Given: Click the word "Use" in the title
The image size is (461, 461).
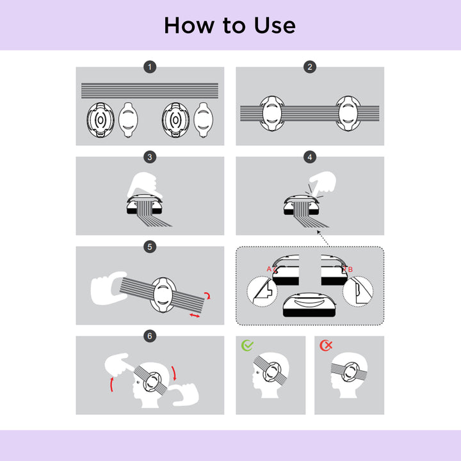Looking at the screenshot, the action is coord(275,26).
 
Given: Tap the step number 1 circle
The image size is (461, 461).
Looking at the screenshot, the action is coord(150,67).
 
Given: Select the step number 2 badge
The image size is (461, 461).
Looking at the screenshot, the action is coord(310,67).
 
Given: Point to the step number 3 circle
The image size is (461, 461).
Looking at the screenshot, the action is coord(150,157).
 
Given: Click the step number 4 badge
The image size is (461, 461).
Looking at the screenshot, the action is coord(310,157).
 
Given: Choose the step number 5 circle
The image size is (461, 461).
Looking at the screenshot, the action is coord(150,247).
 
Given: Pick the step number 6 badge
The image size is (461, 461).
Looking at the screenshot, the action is coord(150,336).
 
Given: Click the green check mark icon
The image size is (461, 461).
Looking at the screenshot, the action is coord(247,346).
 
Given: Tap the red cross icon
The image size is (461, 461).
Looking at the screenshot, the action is coord(326,345).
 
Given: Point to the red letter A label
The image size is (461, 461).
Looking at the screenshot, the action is coord(269,269).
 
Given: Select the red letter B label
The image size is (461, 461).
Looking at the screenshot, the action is coord(350,270).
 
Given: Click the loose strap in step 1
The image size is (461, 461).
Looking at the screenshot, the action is coord(150,90).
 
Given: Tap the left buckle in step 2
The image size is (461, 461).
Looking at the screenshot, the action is coord(272,113).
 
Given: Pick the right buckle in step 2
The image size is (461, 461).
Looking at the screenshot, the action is coord(348,113).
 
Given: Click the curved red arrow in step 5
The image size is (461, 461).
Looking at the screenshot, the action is coord(208,295).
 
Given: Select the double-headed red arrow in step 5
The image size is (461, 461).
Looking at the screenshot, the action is coord(195,316).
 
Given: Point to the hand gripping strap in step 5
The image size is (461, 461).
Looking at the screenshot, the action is coord(108,288).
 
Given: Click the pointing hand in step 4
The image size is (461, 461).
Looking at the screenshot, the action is coord(323,184).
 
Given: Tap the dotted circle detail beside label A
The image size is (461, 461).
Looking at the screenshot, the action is coord(262,291).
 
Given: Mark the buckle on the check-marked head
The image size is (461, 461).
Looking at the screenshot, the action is coord(272,372).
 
